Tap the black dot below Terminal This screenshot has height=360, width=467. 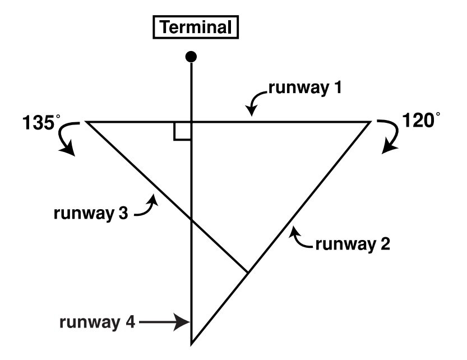click(192, 56)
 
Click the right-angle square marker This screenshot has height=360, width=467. click(183, 130)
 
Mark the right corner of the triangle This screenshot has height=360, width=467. click(371, 121)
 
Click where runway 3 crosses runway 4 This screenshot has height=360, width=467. click(192, 221)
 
